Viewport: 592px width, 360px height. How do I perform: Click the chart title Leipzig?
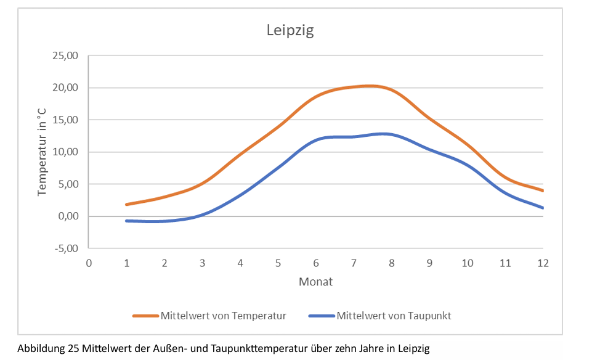click(x=290, y=30)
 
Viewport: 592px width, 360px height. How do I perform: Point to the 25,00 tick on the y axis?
click(x=66, y=55)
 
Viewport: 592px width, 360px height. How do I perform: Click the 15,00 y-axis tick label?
click(x=66, y=120)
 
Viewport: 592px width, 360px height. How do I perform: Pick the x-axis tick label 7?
click(x=354, y=263)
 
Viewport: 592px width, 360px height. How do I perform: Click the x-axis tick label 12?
click(x=542, y=263)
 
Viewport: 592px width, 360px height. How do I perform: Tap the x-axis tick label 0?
click(x=89, y=263)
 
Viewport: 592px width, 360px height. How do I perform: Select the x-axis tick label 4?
click(x=240, y=263)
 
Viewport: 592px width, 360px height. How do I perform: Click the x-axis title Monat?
click(x=315, y=282)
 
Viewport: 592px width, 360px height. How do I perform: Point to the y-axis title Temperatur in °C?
click(x=42, y=152)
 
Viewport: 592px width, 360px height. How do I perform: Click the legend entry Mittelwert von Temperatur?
click(x=223, y=316)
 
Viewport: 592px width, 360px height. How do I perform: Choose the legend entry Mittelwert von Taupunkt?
click(x=394, y=316)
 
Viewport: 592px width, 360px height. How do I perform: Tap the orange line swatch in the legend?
click(x=145, y=316)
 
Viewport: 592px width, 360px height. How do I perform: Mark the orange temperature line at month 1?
click(x=126, y=204)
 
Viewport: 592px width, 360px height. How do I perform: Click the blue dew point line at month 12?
click(x=543, y=208)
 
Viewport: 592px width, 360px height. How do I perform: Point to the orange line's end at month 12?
click(x=543, y=190)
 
